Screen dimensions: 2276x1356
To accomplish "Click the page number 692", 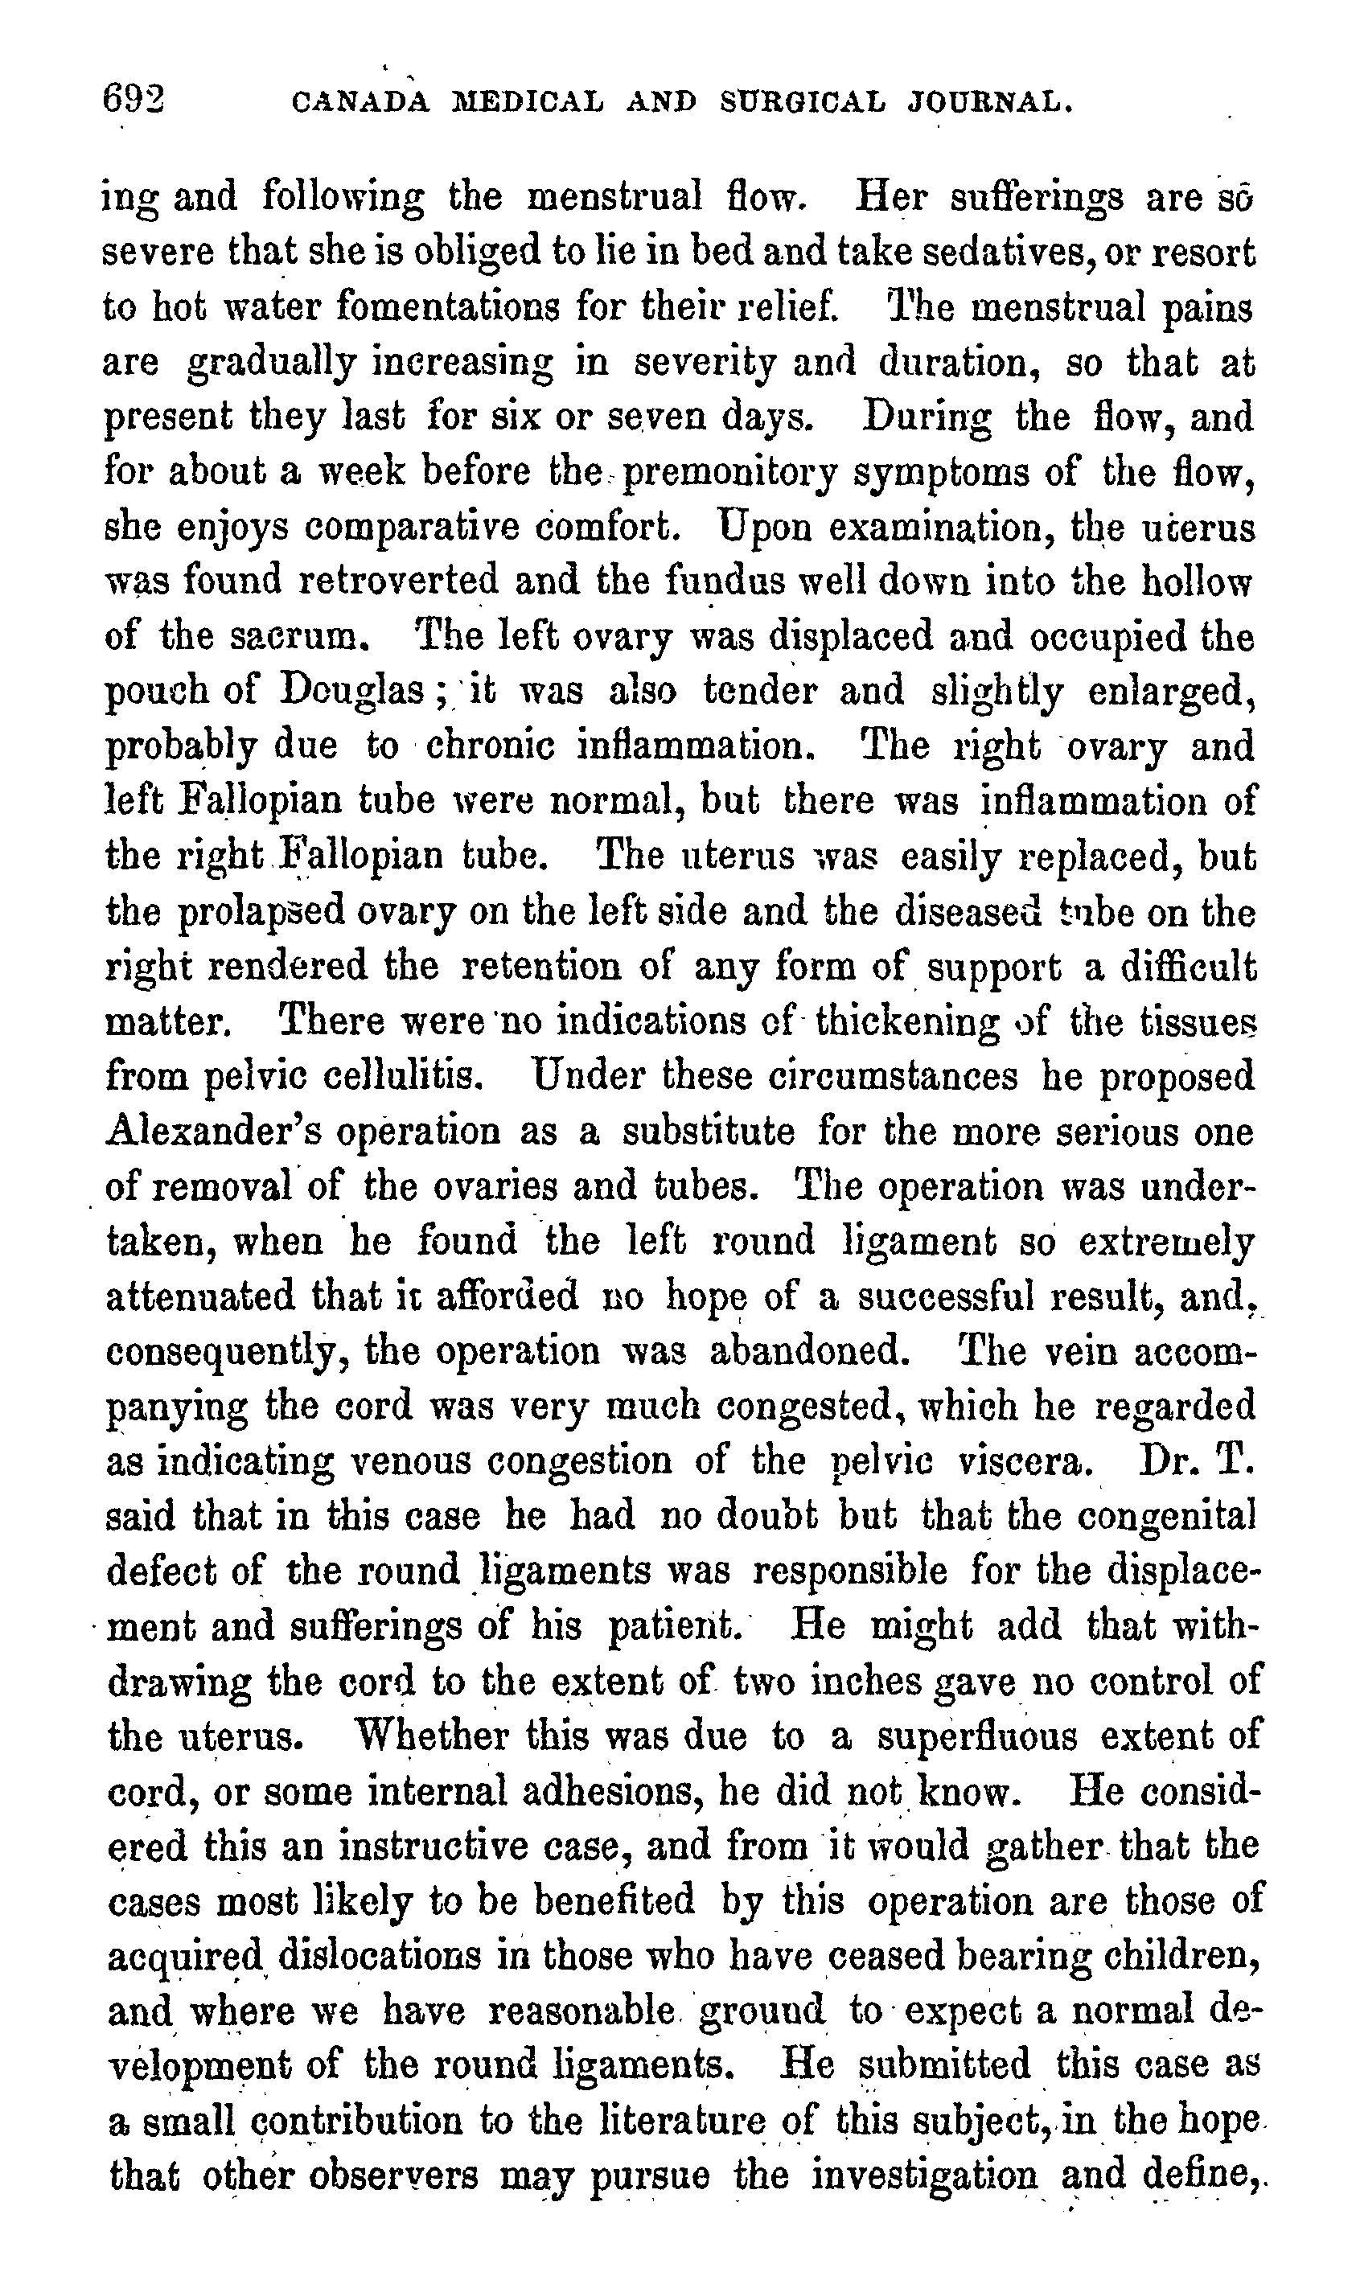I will [x=134, y=97].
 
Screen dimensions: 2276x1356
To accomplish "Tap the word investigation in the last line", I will [x=924, y=2176].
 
